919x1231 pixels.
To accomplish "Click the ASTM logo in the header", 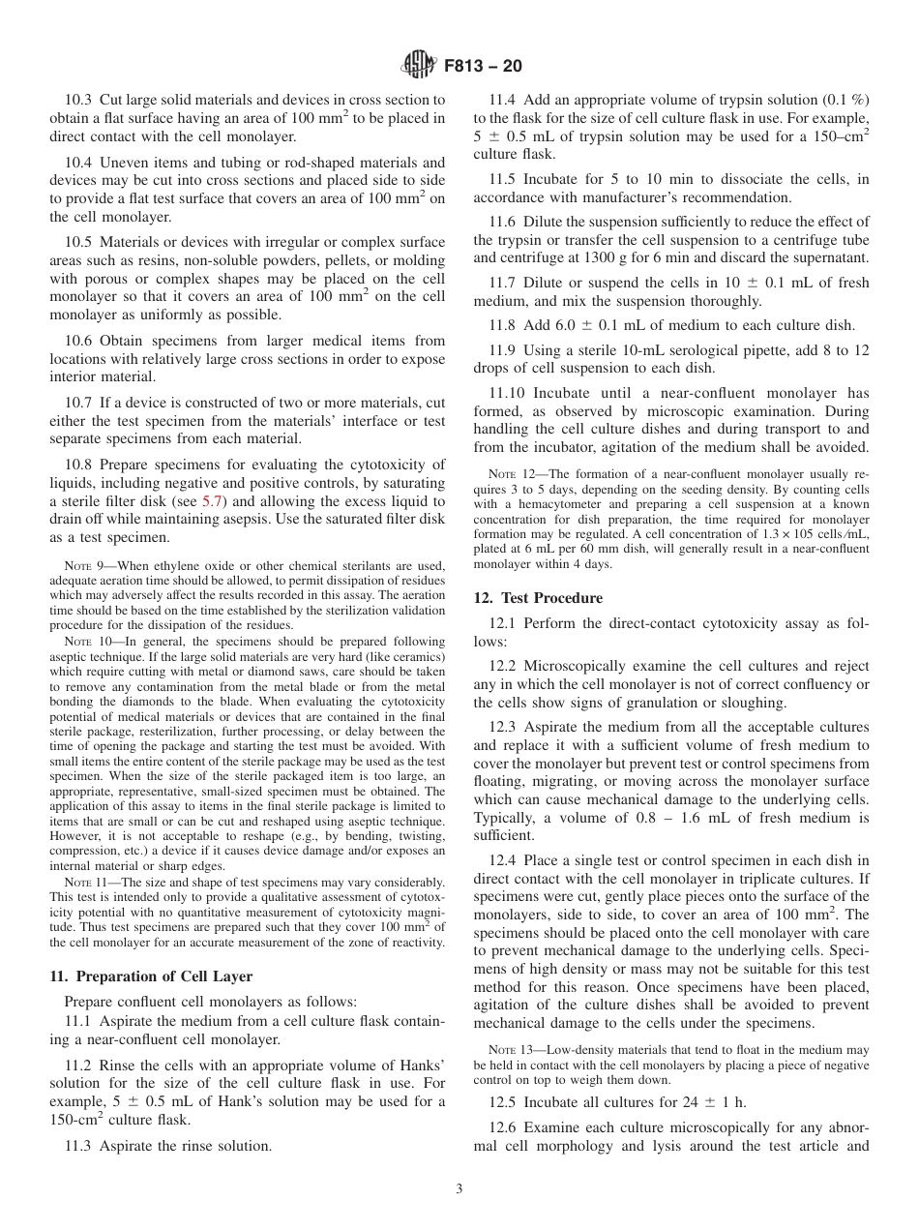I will pos(418,67).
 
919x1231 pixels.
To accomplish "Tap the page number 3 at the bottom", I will pos(459,1188).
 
